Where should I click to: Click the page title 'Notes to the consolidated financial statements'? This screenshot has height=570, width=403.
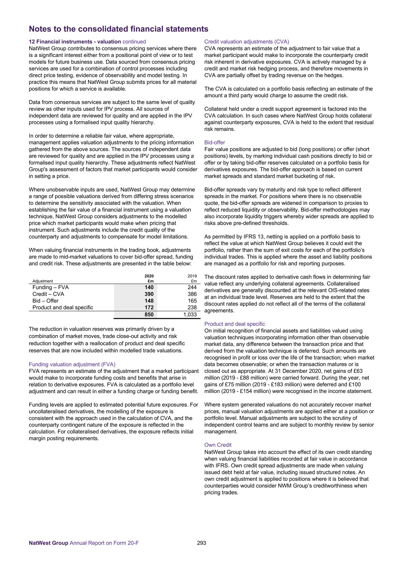click(x=118, y=29)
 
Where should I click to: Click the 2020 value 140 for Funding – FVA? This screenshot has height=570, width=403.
click(x=149, y=287)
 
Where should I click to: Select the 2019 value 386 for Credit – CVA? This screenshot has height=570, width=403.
click(x=192, y=294)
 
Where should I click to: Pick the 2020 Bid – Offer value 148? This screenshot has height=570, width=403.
click(x=149, y=301)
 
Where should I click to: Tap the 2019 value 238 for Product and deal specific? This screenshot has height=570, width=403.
click(x=192, y=307)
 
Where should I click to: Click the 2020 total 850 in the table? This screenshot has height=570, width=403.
click(x=149, y=315)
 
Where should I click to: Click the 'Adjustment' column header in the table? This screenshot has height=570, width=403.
click(x=42, y=281)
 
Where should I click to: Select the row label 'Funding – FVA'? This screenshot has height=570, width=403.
click(x=51, y=287)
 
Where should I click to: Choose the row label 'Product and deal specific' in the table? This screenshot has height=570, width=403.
click(x=63, y=307)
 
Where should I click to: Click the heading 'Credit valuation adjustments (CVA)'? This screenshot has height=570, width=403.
click(x=246, y=42)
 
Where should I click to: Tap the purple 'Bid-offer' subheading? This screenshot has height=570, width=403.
click(x=215, y=143)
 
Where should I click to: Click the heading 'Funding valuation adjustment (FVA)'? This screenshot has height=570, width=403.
click(x=72, y=365)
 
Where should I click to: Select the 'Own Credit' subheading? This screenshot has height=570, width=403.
click(x=218, y=445)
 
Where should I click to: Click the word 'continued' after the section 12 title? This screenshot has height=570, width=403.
click(x=134, y=42)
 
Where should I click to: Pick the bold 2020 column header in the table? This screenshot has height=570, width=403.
click(x=149, y=276)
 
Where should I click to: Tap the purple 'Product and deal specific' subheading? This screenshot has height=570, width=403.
click(x=235, y=324)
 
